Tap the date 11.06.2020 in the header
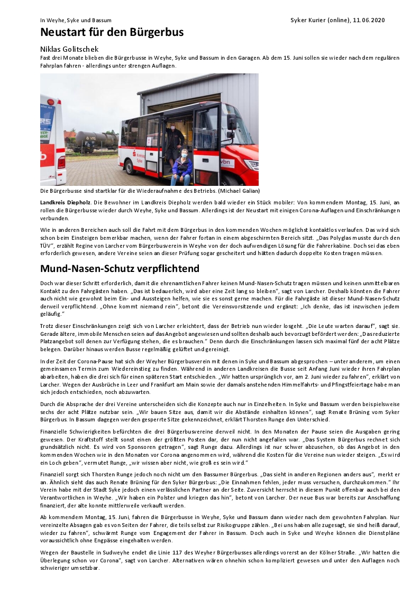369,20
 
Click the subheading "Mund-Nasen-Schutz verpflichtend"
120,268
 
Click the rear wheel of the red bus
129,168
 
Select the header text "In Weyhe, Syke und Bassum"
76,20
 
